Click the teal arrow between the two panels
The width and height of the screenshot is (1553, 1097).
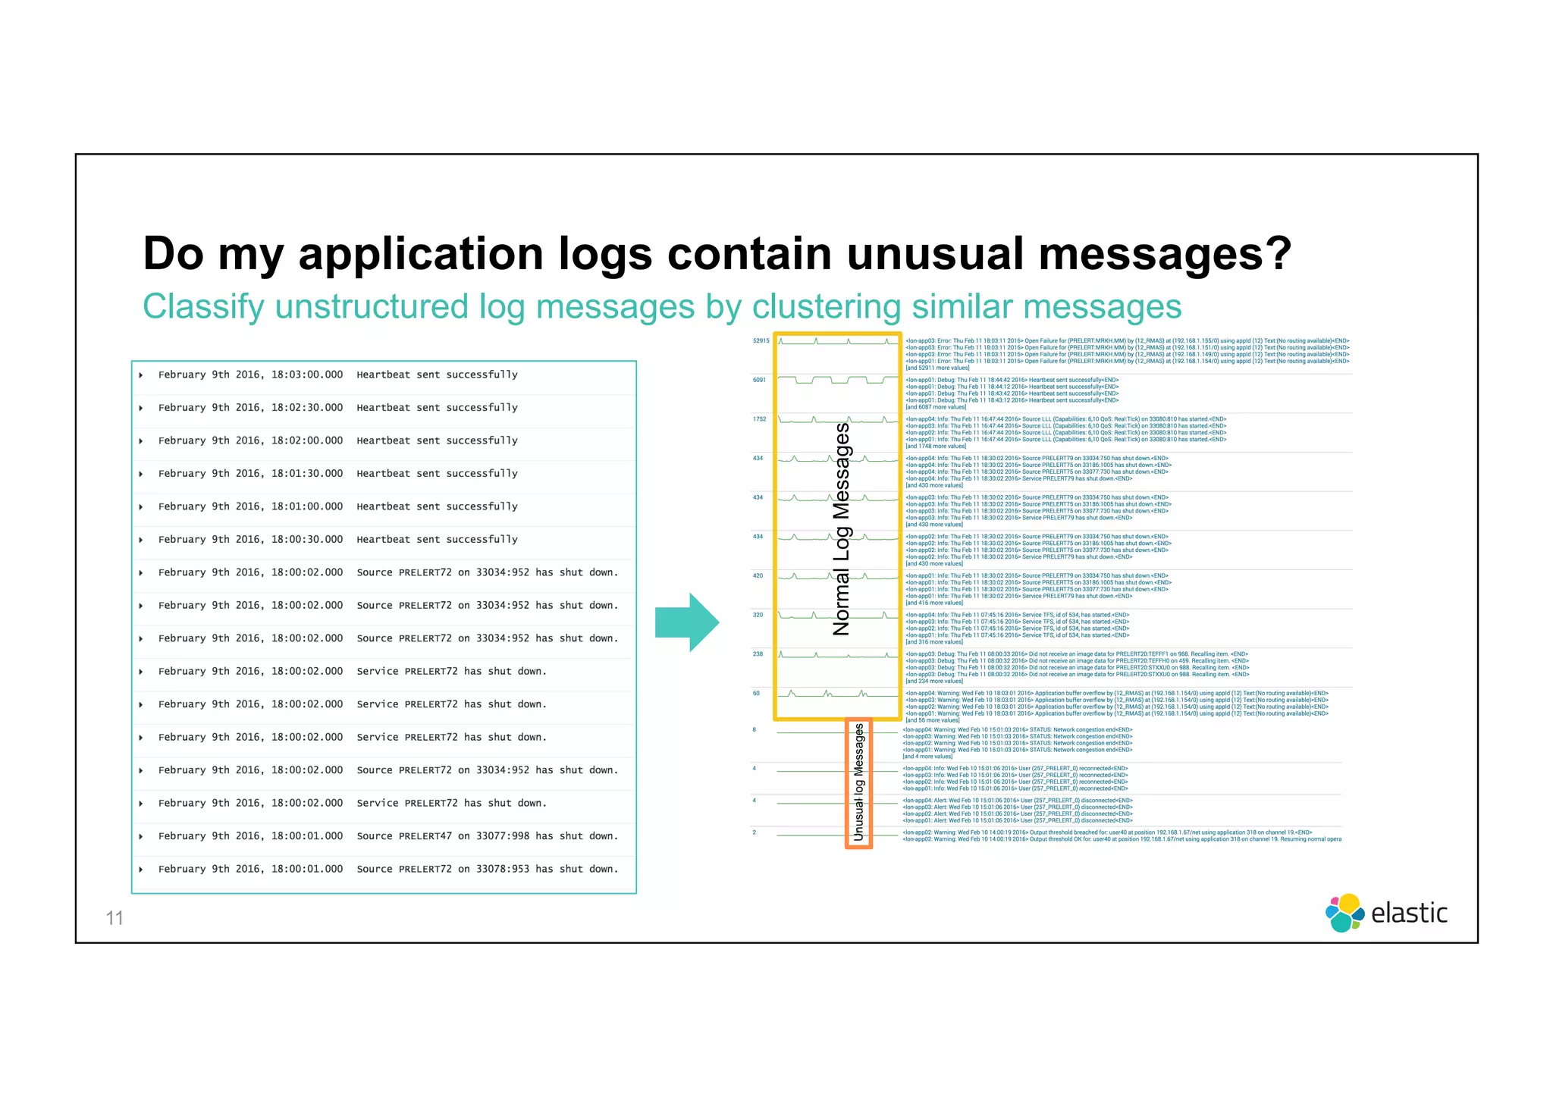(x=686, y=622)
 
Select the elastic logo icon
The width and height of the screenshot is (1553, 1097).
(x=1344, y=913)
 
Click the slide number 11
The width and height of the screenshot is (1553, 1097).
(x=115, y=918)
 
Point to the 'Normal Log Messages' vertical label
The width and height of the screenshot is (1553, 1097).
(x=842, y=528)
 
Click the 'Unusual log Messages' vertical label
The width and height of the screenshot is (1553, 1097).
(x=859, y=782)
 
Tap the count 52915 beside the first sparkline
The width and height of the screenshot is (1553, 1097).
(x=761, y=341)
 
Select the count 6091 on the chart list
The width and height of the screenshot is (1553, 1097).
(x=759, y=380)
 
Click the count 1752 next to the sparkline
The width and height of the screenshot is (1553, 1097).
(x=759, y=419)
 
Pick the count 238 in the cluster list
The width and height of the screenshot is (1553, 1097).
(x=758, y=653)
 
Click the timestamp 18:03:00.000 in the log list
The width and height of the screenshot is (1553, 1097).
(x=306, y=375)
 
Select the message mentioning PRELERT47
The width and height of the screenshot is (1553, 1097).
(x=487, y=835)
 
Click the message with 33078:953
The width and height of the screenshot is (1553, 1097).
(x=487, y=869)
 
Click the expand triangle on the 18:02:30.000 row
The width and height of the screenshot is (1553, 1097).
(x=141, y=408)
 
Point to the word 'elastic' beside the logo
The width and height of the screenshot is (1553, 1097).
(x=1409, y=913)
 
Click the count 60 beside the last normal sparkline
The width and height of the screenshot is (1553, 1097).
(x=756, y=693)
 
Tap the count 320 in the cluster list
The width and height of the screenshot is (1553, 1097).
(x=758, y=615)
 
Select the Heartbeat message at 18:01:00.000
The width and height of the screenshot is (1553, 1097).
(x=437, y=506)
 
